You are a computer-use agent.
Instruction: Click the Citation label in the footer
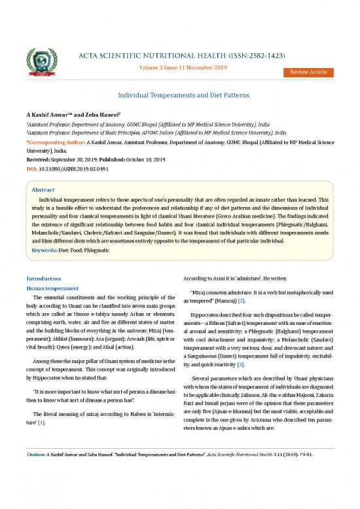pos(35,489)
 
